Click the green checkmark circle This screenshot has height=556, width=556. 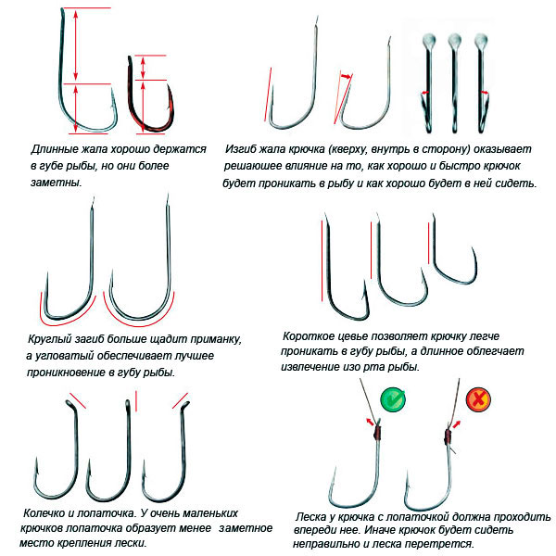click(x=391, y=401)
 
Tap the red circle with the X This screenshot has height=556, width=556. click(x=478, y=401)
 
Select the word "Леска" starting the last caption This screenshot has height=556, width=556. click(x=312, y=515)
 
